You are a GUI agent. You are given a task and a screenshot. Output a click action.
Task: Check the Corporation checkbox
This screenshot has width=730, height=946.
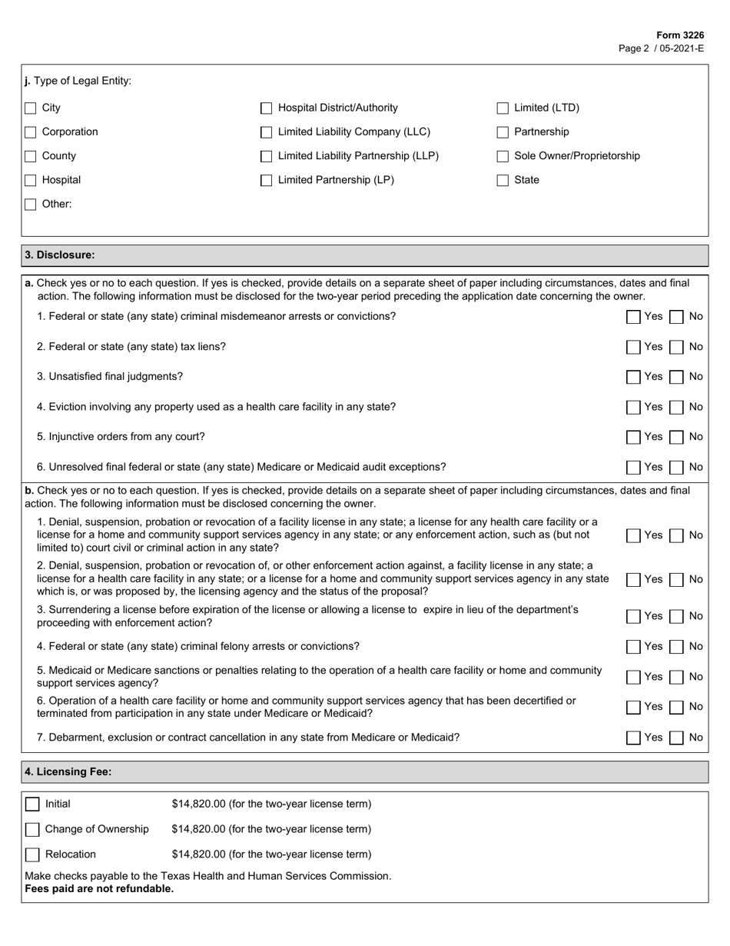tap(31, 132)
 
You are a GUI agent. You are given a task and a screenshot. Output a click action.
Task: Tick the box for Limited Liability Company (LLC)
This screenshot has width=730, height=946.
tap(267, 132)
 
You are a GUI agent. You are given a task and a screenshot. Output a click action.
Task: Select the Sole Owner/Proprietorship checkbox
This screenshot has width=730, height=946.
tap(503, 156)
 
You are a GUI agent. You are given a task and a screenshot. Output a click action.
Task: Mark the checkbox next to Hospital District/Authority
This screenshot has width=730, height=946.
tap(267, 108)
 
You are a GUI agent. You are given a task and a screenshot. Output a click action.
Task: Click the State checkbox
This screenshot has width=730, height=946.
tap(503, 180)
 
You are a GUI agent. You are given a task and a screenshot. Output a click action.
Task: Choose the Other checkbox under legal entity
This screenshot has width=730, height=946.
tap(31, 205)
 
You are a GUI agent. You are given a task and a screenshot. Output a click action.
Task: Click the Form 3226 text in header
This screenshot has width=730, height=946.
tap(679, 35)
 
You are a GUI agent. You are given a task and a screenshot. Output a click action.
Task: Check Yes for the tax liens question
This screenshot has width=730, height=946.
tap(633, 347)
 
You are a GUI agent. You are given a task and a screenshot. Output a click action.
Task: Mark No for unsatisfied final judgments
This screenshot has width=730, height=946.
tap(677, 377)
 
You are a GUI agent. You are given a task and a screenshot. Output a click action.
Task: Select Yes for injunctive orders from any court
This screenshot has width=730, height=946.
tap(633, 437)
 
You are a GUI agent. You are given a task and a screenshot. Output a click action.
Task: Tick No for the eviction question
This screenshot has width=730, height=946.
tap(677, 407)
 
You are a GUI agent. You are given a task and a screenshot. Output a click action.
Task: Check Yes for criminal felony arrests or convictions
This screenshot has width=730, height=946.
tap(633, 647)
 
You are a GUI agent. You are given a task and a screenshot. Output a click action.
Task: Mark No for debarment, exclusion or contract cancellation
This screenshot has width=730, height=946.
tap(677, 738)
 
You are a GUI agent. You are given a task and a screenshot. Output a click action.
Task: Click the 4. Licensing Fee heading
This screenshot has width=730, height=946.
tap(68, 771)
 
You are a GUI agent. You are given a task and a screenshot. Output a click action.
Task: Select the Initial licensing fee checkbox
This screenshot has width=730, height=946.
tap(32, 804)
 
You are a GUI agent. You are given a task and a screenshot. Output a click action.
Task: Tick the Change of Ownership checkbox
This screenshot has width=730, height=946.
tap(32, 829)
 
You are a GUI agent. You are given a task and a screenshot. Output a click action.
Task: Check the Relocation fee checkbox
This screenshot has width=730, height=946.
tap(32, 854)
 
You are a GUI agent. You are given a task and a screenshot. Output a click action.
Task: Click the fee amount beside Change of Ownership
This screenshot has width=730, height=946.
tap(271, 829)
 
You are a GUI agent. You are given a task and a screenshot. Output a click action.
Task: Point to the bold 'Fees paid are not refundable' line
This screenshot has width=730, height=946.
tap(99, 889)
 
